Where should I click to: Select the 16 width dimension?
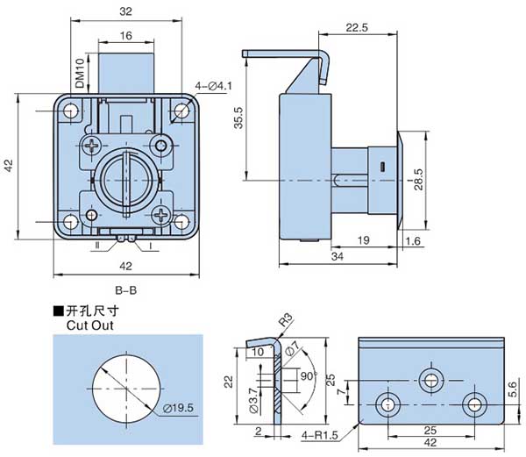click(125, 36)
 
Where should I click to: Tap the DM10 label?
click(80, 74)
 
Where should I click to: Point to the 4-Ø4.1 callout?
click(212, 86)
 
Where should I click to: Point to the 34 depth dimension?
click(337, 256)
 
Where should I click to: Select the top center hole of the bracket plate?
click(430, 379)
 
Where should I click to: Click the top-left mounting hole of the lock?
click(68, 112)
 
